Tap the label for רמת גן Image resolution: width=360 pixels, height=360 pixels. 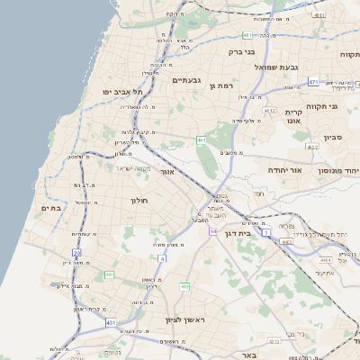[x=220, y=85]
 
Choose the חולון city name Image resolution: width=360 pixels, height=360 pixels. [x=139, y=201]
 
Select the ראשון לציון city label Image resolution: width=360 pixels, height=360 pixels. [x=186, y=320]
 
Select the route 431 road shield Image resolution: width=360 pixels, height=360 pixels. [x=111, y=321]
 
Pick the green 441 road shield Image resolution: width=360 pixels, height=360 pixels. [x=109, y=274]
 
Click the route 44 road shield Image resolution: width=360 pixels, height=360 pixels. [x=212, y=231]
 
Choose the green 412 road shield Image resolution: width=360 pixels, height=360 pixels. [x=184, y=286]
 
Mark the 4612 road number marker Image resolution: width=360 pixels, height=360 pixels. [x=269, y=112]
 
